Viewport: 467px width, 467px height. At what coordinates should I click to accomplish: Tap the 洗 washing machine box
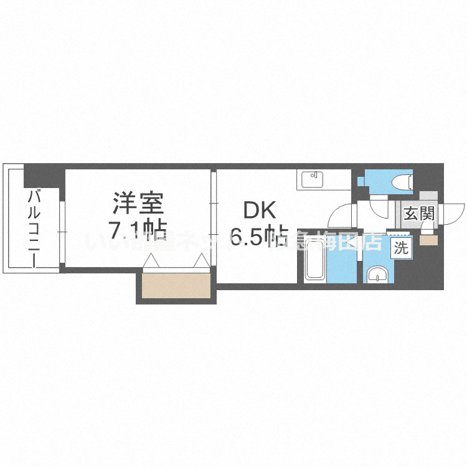coord(401,248)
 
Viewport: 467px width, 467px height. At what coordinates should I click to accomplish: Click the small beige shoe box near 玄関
coord(429,240)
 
